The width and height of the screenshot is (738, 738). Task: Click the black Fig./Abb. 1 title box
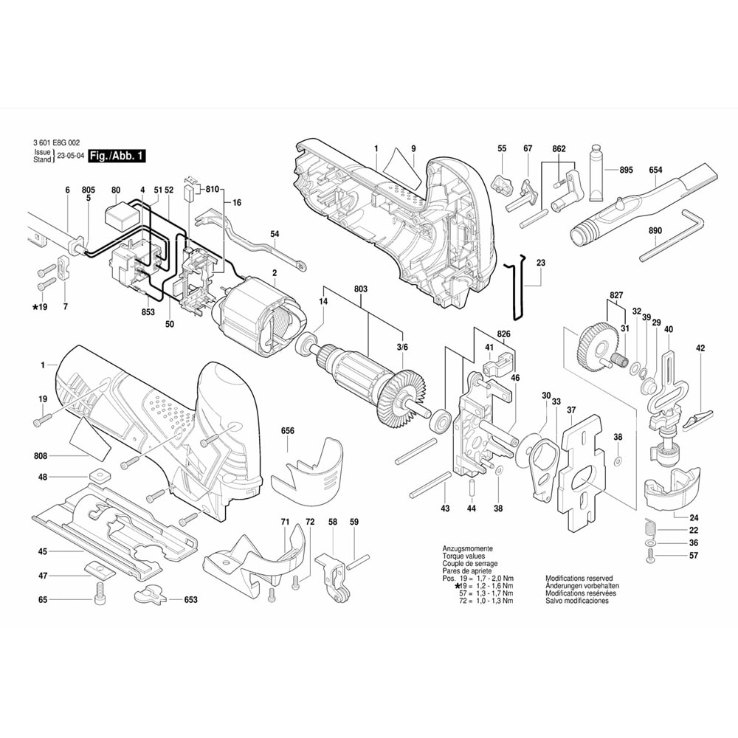tap(117, 156)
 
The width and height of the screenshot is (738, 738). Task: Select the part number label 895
tap(626, 170)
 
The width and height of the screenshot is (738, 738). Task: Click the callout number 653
tap(190, 600)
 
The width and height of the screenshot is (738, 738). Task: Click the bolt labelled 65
tap(98, 593)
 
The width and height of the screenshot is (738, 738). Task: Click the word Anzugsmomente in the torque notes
tap(466, 550)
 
